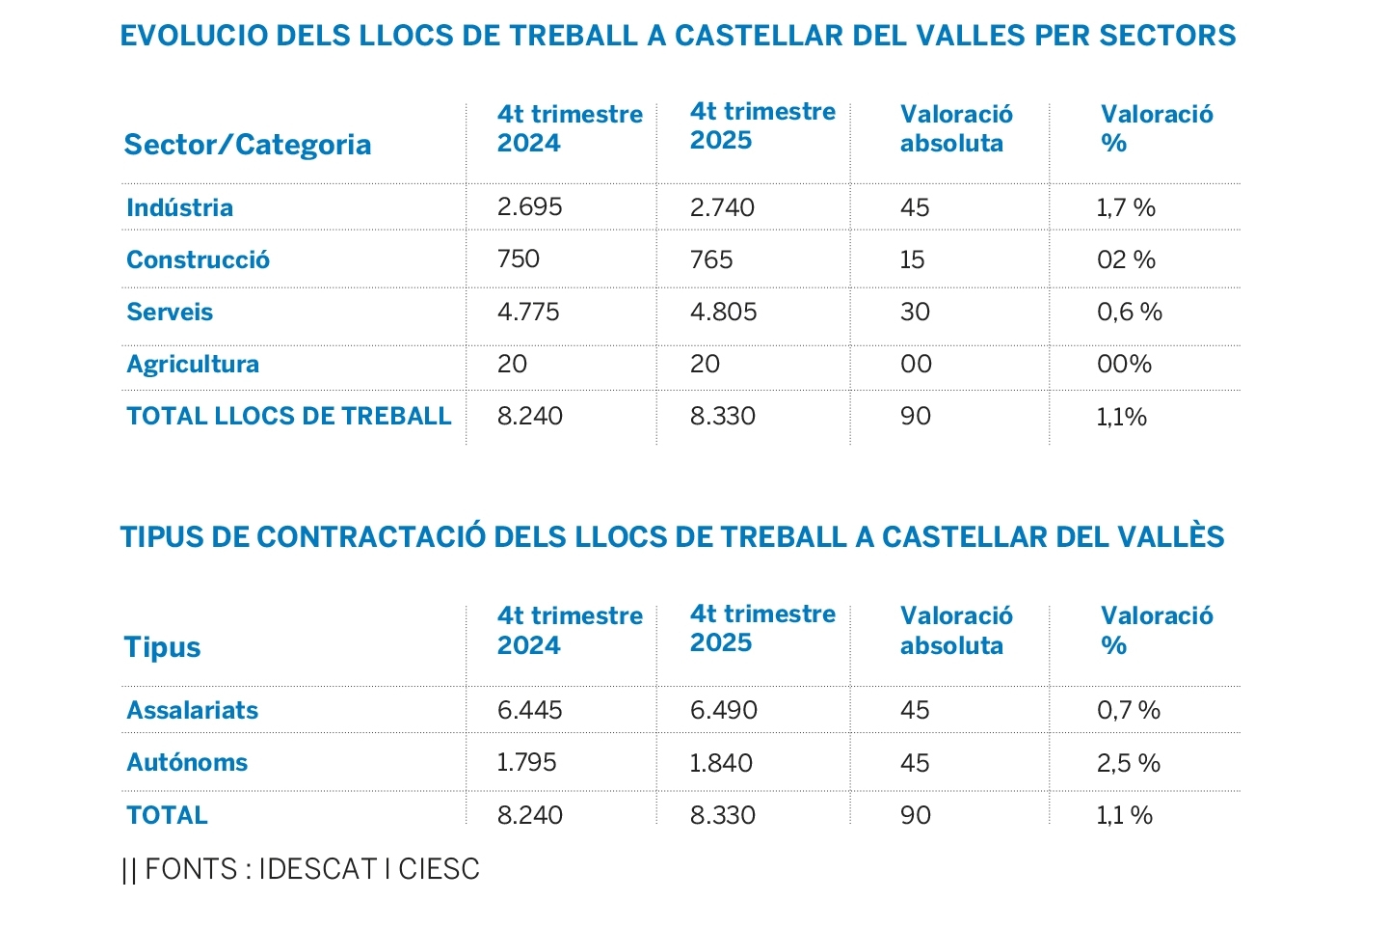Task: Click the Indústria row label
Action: pyautogui.click(x=179, y=207)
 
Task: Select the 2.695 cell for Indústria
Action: pyautogui.click(x=529, y=206)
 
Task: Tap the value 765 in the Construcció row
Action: pyautogui.click(x=711, y=259)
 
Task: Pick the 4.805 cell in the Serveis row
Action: pyautogui.click(x=723, y=312)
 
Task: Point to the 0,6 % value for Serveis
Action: pyautogui.click(x=1129, y=312)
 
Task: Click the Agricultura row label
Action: pyautogui.click(x=193, y=364)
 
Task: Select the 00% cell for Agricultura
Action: pyautogui.click(x=1124, y=364)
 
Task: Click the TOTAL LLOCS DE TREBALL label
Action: pyautogui.click(x=288, y=416)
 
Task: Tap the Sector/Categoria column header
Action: pyautogui.click(x=248, y=145)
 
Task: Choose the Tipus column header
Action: pyautogui.click(x=162, y=646)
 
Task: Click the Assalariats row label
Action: pyautogui.click(x=193, y=710)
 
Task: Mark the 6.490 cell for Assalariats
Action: pyautogui.click(x=723, y=710)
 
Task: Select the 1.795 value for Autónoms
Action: pyautogui.click(x=526, y=762)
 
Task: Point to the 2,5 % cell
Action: pyautogui.click(x=1128, y=763)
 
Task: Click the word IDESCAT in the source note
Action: pyautogui.click(x=317, y=869)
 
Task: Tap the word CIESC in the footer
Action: pyautogui.click(x=439, y=869)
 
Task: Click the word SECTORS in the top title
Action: pyautogui.click(x=1167, y=36)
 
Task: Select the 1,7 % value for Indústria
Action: pyautogui.click(x=1125, y=207)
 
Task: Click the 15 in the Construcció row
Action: pyautogui.click(x=912, y=259)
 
